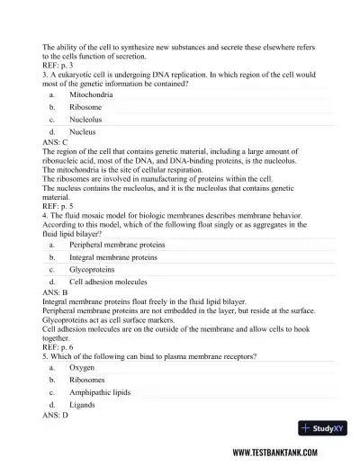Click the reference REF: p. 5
click(58, 205)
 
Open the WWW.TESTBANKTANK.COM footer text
click(287, 453)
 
